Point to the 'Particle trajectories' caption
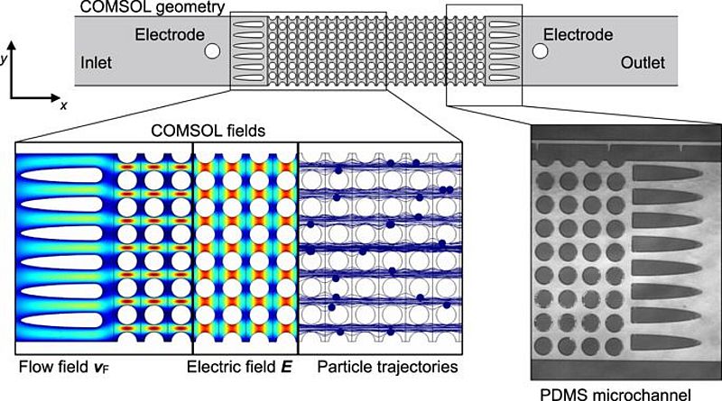point(388,368)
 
